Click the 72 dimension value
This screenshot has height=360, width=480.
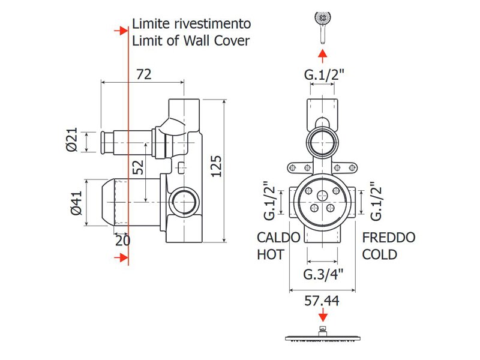tap(143, 74)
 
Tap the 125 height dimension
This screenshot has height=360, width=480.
tap(216, 166)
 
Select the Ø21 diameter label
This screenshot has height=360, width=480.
tap(72, 140)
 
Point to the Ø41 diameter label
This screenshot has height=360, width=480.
tap(77, 203)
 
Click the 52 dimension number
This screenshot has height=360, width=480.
tap(138, 167)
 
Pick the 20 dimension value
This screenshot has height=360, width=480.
tap(123, 241)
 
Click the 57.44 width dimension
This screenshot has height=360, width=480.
tap(322, 301)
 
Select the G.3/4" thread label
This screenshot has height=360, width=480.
tap(323, 274)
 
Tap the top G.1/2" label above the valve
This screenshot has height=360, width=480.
tap(324, 74)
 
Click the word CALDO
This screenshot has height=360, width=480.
tap(278, 238)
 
